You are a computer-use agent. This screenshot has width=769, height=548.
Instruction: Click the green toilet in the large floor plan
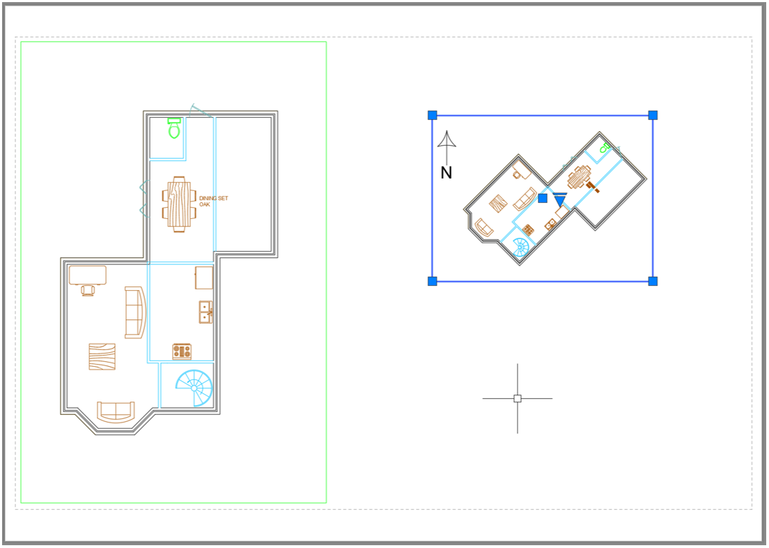174,128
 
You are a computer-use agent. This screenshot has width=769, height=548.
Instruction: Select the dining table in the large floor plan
179,204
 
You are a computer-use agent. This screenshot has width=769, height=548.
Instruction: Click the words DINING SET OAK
213,201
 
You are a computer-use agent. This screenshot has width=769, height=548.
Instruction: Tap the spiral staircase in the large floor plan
194,388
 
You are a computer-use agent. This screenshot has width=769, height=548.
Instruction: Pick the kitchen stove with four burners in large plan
182,351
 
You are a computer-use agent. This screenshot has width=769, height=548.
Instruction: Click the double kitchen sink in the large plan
205,312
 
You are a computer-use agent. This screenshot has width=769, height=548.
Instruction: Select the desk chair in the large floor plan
87,290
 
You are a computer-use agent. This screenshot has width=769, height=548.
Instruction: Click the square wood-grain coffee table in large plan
102,356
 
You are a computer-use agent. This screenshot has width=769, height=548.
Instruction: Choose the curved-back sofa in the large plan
135,313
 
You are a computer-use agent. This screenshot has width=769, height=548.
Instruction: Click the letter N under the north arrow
446,173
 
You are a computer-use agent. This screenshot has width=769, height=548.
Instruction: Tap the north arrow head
446,139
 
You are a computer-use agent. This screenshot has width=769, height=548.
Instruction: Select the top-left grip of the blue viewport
432,116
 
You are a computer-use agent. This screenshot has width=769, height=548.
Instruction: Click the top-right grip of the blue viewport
653,116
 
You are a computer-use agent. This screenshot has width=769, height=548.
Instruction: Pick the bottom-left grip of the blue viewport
432,282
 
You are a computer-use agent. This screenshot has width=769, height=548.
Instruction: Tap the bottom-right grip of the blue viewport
653,282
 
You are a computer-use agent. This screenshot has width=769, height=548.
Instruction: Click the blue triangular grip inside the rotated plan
559,200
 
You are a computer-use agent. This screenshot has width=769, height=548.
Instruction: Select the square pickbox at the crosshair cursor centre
518,399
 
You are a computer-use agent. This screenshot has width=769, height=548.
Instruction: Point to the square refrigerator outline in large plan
204,278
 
